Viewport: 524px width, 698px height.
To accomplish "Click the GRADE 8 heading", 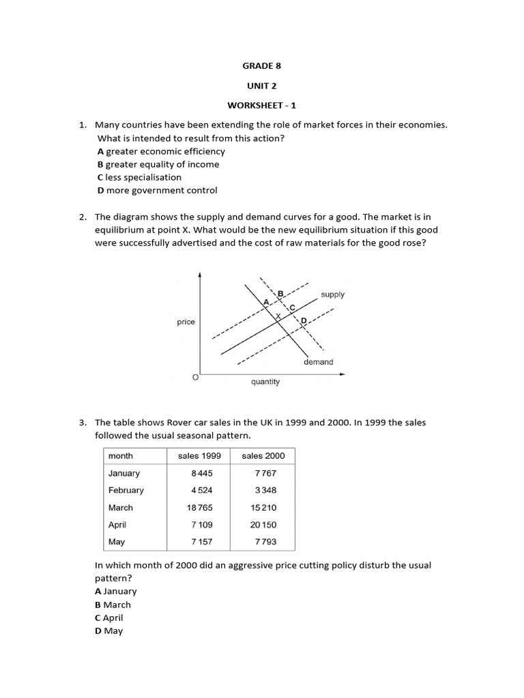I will pos(261,66).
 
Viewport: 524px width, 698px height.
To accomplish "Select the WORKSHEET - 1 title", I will pos(261,105).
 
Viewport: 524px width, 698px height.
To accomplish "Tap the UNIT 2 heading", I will pos(261,86).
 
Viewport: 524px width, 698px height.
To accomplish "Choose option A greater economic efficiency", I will pos(161,151).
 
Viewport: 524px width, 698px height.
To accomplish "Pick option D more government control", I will pos(157,190).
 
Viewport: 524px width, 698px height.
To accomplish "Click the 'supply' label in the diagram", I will pos(332,294).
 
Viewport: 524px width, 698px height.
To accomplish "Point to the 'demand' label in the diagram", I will pos(319,362).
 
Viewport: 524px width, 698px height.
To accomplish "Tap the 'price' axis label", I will pos(186,322).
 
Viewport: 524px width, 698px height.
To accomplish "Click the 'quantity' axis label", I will pos(265,382).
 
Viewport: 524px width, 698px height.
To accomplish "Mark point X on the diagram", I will pos(278,316).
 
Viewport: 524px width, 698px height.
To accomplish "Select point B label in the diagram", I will pos(280,294).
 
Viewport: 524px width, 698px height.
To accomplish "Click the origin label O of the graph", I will pos(195,377).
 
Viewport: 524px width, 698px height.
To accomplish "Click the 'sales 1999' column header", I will pos(199,455).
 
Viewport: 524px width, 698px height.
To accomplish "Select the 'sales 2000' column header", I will pos(263,455).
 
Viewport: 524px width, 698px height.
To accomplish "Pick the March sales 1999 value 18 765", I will pos(199,508).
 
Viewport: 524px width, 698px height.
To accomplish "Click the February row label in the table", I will pos(126,490).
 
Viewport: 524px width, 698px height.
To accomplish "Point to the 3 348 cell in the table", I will pos(265,490).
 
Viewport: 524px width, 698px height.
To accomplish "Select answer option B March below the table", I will pos(113,605).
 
